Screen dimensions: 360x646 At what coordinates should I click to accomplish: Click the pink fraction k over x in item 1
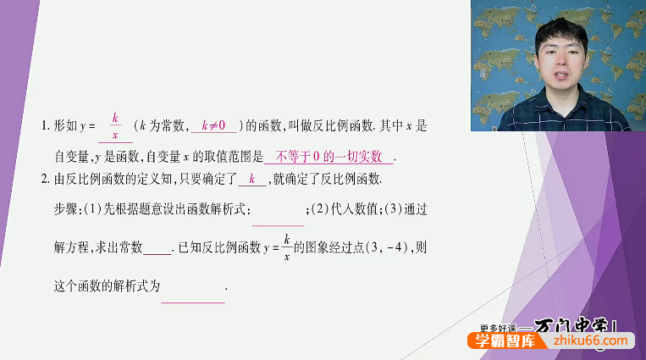(114, 126)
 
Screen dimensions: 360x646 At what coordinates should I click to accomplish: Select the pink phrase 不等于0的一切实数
(329, 157)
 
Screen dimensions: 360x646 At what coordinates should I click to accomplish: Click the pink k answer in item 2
(251, 179)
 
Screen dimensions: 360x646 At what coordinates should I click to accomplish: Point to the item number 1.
(44, 126)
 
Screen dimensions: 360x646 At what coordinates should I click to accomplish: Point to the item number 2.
(44, 179)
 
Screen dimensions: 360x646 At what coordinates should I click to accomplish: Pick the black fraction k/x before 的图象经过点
(287, 246)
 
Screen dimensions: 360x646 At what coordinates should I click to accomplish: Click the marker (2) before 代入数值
(318, 209)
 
